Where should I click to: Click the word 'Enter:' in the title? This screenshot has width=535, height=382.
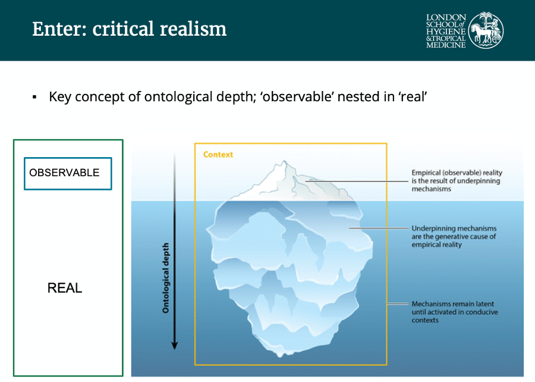[59, 29]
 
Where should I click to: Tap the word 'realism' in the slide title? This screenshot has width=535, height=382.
[193, 29]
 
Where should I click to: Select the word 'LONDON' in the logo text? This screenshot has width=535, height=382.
[446, 17]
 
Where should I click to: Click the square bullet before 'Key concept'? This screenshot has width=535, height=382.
[34, 98]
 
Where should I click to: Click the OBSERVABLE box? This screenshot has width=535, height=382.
[68, 173]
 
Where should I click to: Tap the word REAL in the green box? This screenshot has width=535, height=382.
[64, 288]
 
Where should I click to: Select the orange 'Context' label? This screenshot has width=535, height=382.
[218, 155]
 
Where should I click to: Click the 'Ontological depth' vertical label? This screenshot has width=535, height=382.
[165, 278]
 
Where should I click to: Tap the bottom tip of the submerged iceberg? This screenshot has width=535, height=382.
[280, 355]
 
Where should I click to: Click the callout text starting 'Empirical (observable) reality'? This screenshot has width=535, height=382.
[457, 181]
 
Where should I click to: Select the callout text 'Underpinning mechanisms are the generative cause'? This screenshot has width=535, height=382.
[454, 237]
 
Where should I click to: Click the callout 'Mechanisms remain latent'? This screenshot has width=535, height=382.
[455, 312]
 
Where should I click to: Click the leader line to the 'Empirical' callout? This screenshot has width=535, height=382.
[357, 181]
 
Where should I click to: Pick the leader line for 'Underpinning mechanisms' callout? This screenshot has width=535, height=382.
[379, 228]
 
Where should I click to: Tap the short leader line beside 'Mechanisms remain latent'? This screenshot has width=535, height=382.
[398, 303]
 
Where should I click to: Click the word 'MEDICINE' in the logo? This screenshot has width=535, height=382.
[446, 45]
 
